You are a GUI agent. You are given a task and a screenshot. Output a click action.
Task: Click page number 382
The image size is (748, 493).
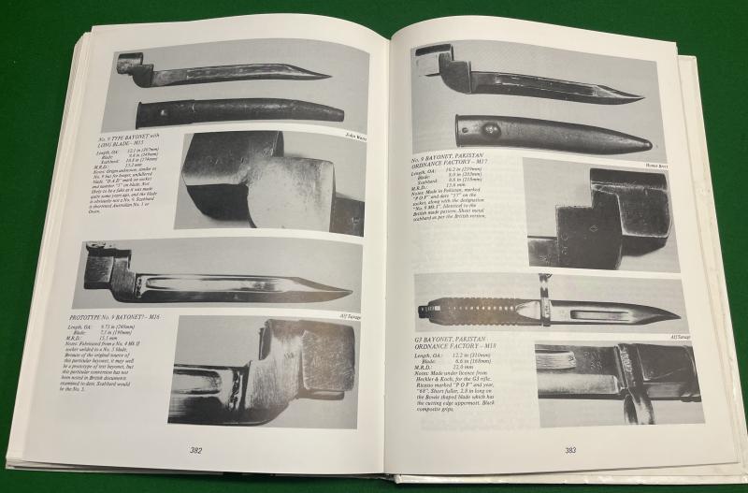pos(196,450)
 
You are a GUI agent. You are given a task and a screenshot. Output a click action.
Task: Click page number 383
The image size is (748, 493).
pos(569,451)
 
